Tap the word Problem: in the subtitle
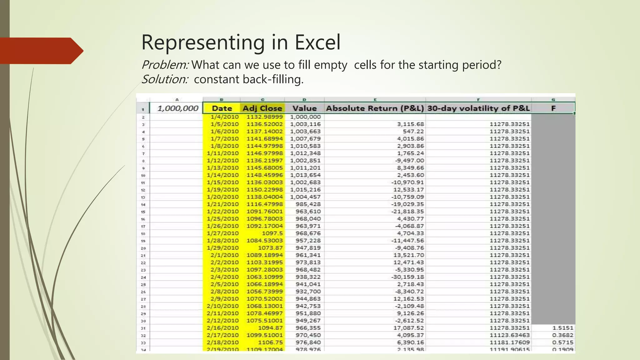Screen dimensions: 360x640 click(165, 65)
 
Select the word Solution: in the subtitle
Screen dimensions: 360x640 click(165, 79)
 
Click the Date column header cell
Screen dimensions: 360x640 click(222, 108)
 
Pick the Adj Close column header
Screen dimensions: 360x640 click(262, 108)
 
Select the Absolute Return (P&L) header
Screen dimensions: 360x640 click(375, 108)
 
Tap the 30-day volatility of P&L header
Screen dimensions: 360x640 click(478, 108)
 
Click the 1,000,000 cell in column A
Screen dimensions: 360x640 click(177, 108)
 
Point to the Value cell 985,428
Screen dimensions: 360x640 click(308, 204)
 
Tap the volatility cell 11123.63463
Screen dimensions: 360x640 click(509, 335)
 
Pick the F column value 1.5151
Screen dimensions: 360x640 click(563, 328)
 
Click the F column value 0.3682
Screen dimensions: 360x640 click(562, 335)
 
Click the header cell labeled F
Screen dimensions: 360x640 click(553, 108)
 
